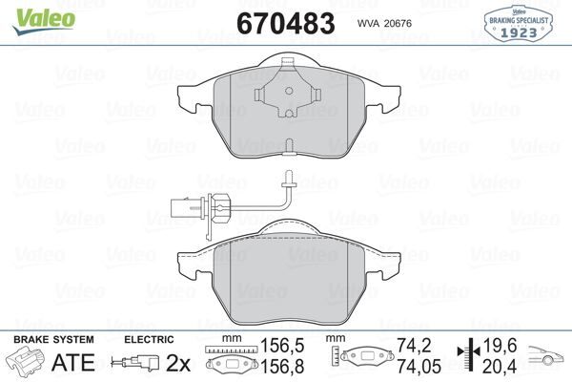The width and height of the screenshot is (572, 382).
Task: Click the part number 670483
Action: click(x=285, y=22)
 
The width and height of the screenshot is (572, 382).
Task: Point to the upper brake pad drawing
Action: click(x=287, y=115)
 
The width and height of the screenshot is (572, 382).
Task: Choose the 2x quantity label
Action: click(x=178, y=363)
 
